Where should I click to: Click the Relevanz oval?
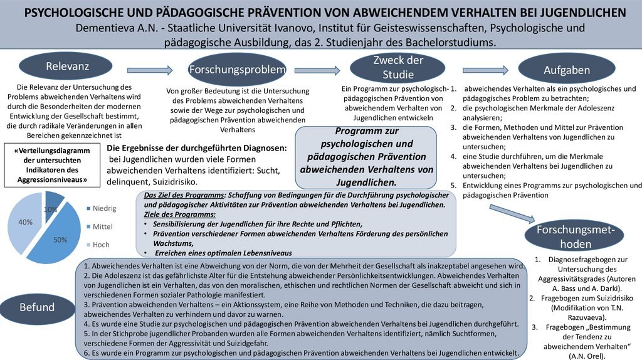click(x=67, y=66)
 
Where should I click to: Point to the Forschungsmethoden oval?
click(x=571, y=236)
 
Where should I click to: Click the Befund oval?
click(x=36, y=307)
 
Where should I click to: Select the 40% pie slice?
click(x=24, y=223)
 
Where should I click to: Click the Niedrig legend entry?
click(x=100, y=208)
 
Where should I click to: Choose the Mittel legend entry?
click(x=99, y=226)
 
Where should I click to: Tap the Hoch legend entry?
click(x=97, y=245)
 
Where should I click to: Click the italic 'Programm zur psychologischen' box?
click(x=366, y=157)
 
